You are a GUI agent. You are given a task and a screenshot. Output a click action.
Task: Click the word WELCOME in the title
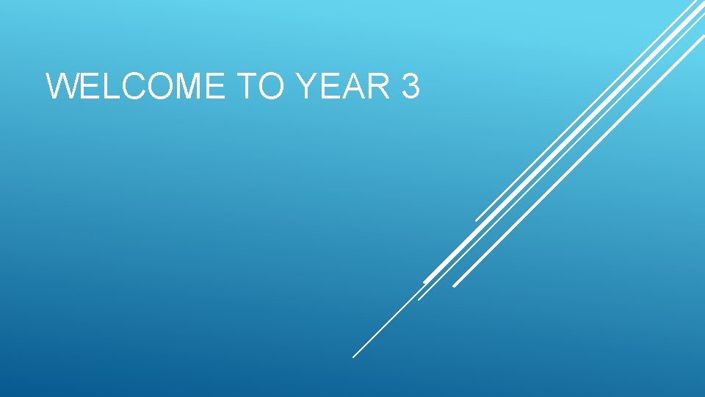pyautogui.click(x=136, y=87)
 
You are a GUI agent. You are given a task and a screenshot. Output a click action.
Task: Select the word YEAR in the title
pyautogui.click(x=344, y=87)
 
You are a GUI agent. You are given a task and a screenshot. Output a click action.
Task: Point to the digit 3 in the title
pyautogui.click(x=411, y=87)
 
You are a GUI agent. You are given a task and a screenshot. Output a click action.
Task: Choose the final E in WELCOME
pyautogui.click(x=214, y=87)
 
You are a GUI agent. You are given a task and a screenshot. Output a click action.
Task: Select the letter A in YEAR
pyautogui.click(x=353, y=87)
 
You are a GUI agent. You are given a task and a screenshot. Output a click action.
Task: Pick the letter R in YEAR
pyautogui.click(x=380, y=87)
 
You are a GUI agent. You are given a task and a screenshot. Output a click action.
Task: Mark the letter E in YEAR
pyautogui.click(x=330, y=87)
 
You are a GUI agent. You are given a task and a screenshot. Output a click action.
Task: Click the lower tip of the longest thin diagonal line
pyautogui.click(x=353, y=357)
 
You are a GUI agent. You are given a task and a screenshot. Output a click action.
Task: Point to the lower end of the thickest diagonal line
pyautogui.click(x=424, y=282)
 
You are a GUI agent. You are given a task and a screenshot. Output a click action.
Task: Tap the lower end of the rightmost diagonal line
pyautogui.click(x=454, y=286)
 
